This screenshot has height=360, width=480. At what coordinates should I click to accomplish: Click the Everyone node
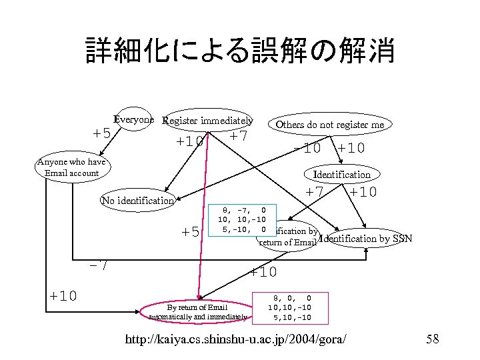coord(134,120)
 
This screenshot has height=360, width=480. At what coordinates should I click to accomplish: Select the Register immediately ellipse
coord(208,121)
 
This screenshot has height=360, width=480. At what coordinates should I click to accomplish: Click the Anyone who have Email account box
coord(71,168)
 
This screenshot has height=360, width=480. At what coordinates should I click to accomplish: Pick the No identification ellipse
coord(137,200)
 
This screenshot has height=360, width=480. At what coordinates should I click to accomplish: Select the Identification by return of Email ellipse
coord(287,237)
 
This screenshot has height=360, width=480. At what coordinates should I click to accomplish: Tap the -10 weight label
coord(307,148)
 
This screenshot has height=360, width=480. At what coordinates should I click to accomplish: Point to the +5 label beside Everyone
coord(101,133)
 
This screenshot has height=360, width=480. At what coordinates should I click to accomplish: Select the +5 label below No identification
coord(190,232)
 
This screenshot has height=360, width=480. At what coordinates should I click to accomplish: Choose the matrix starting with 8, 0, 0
coord(289,307)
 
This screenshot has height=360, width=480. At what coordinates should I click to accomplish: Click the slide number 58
coord(432,339)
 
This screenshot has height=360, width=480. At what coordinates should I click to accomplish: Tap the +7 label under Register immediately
coord(238,137)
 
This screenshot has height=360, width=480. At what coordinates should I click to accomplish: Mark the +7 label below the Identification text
coord(314,193)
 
